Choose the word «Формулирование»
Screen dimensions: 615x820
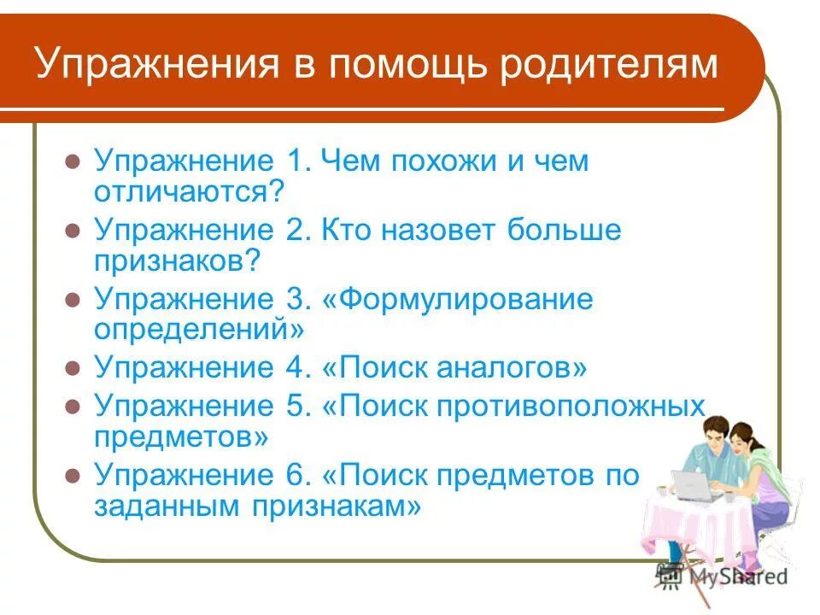tap(466, 300)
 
